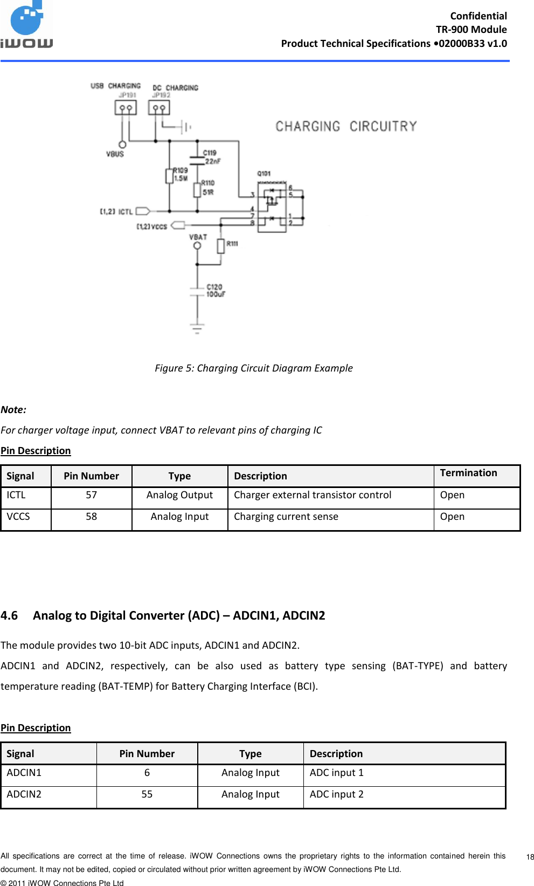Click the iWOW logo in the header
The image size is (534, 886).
pyautogui.click(x=27, y=25)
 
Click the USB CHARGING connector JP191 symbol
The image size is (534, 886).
pyautogui.click(x=126, y=108)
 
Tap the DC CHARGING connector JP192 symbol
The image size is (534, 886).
pyautogui.click(x=159, y=108)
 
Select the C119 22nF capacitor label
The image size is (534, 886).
pyautogui.click(x=211, y=157)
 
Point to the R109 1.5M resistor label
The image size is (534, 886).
pyautogui.click(x=181, y=174)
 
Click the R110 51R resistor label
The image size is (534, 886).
pyautogui.click(x=208, y=188)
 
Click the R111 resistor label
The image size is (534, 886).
pyautogui.click(x=232, y=244)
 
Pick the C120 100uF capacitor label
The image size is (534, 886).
pyautogui.click(x=216, y=291)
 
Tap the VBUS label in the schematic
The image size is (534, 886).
pyautogui.click(x=115, y=154)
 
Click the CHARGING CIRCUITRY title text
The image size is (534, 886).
pyautogui.click(x=346, y=126)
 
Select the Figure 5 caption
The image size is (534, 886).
pyautogui.click(x=253, y=368)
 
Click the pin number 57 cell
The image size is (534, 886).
pyautogui.click(x=91, y=495)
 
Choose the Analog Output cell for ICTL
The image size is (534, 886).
pyautogui.click(x=179, y=495)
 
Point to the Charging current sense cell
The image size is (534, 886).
pyautogui.click(x=286, y=517)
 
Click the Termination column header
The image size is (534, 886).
pyautogui.click(x=468, y=473)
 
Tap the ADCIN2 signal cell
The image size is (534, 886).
pyautogui.click(x=24, y=794)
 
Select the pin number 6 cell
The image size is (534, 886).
pyautogui.click(x=147, y=773)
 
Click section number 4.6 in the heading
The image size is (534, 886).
pyautogui.click(x=9, y=615)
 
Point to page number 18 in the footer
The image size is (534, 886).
pyautogui.click(x=530, y=857)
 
